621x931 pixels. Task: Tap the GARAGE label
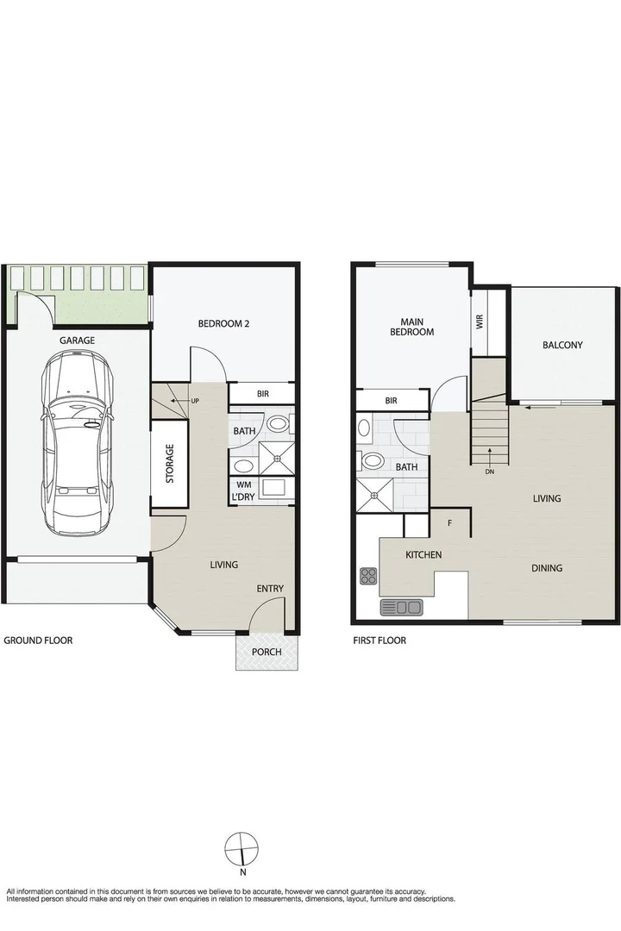pos(77,341)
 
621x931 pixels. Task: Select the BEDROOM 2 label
pos(223,324)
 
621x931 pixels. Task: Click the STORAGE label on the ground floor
pos(170,463)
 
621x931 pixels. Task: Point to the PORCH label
pos(267,652)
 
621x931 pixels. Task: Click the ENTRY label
pos(269,589)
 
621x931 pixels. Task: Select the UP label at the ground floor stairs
pos(195,402)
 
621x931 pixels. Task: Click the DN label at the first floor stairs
pos(489,472)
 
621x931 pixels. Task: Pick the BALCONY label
pos(562,345)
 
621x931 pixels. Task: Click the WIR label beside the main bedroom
pos(480,322)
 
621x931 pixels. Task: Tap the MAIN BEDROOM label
pos(411,326)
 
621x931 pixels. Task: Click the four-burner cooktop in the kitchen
pos(368,575)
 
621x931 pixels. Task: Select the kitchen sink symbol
pos(401,608)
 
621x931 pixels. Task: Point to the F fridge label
pos(449,522)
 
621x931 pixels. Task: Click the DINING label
pos(547,568)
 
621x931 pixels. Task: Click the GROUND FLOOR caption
pos(38,640)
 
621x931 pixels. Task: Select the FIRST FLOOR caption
pos(379,640)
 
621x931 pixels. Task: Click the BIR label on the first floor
pos(391,401)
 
